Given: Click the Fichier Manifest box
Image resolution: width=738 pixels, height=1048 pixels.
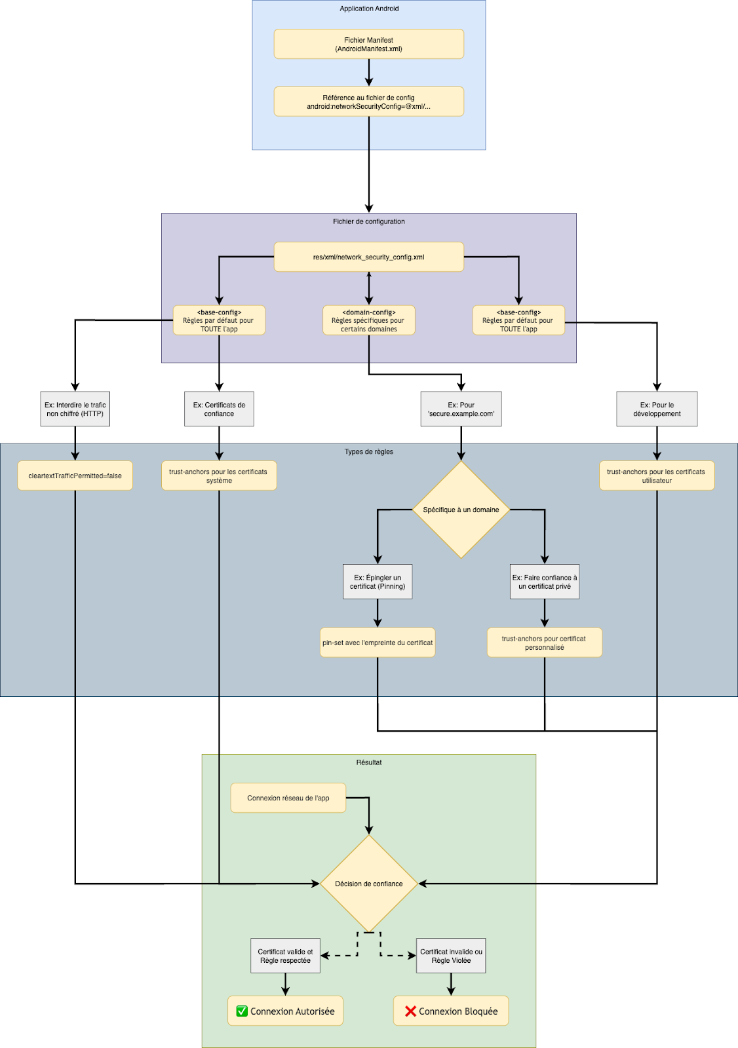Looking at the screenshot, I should [x=368, y=44].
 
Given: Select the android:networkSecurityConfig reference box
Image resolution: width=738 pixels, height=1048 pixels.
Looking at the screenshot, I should [x=368, y=102].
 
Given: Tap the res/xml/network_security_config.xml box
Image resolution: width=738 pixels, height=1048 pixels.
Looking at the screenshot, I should [x=368, y=257].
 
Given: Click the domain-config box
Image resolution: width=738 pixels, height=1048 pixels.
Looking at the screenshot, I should [x=368, y=320].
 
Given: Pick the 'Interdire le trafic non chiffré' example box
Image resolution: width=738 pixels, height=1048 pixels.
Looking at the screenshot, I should [x=75, y=409].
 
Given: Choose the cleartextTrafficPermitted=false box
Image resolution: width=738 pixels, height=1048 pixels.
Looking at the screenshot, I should [x=75, y=476].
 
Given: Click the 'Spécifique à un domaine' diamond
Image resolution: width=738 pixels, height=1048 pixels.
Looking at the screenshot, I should [x=461, y=510].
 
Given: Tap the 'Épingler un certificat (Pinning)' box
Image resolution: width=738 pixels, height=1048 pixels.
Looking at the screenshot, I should [x=378, y=582].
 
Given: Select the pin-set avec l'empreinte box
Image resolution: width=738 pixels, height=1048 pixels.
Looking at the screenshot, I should [x=378, y=643].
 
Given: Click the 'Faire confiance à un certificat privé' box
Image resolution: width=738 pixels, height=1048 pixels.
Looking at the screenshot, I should [x=545, y=582].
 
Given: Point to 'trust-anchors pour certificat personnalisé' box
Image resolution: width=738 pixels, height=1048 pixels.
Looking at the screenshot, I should [x=544, y=643].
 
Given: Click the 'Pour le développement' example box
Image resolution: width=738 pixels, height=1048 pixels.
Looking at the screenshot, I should [x=657, y=409].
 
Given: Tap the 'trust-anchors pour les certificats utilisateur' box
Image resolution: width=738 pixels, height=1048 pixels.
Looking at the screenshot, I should [x=657, y=476].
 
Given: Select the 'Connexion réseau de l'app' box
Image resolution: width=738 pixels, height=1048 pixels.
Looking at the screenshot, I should [x=288, y=798].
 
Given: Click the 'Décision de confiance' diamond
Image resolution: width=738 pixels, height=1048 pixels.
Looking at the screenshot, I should [x=368, y=884].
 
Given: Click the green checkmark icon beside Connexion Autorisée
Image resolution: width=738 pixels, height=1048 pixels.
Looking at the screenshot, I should [x=242, y=1011].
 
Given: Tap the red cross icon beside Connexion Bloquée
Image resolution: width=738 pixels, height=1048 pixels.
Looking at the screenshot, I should [x=410, y=1011].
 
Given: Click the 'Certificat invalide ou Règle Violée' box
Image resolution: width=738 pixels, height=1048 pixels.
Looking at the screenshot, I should [x=451, y=956].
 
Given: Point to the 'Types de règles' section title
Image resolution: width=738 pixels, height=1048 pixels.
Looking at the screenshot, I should [x=368, y=451].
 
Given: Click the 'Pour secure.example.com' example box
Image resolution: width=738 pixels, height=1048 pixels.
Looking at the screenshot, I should [x=461, y=409].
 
